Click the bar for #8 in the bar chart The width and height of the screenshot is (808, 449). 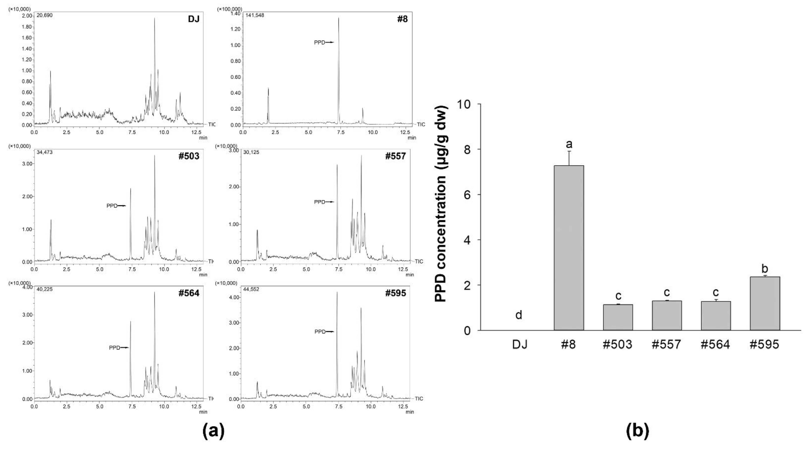(x=569, y=248)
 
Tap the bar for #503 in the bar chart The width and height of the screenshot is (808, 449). (x=618, y=317)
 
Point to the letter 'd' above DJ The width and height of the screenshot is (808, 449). (x=519, y=315)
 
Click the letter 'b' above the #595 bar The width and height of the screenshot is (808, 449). (x=765, y=269)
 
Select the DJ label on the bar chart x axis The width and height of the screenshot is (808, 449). (x=520, y=345)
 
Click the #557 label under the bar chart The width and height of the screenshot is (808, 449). (x=666, y=345)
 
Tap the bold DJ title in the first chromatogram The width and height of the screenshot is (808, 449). (x=194, y=19)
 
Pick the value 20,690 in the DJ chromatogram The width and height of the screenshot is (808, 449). (x=45, y=15)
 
